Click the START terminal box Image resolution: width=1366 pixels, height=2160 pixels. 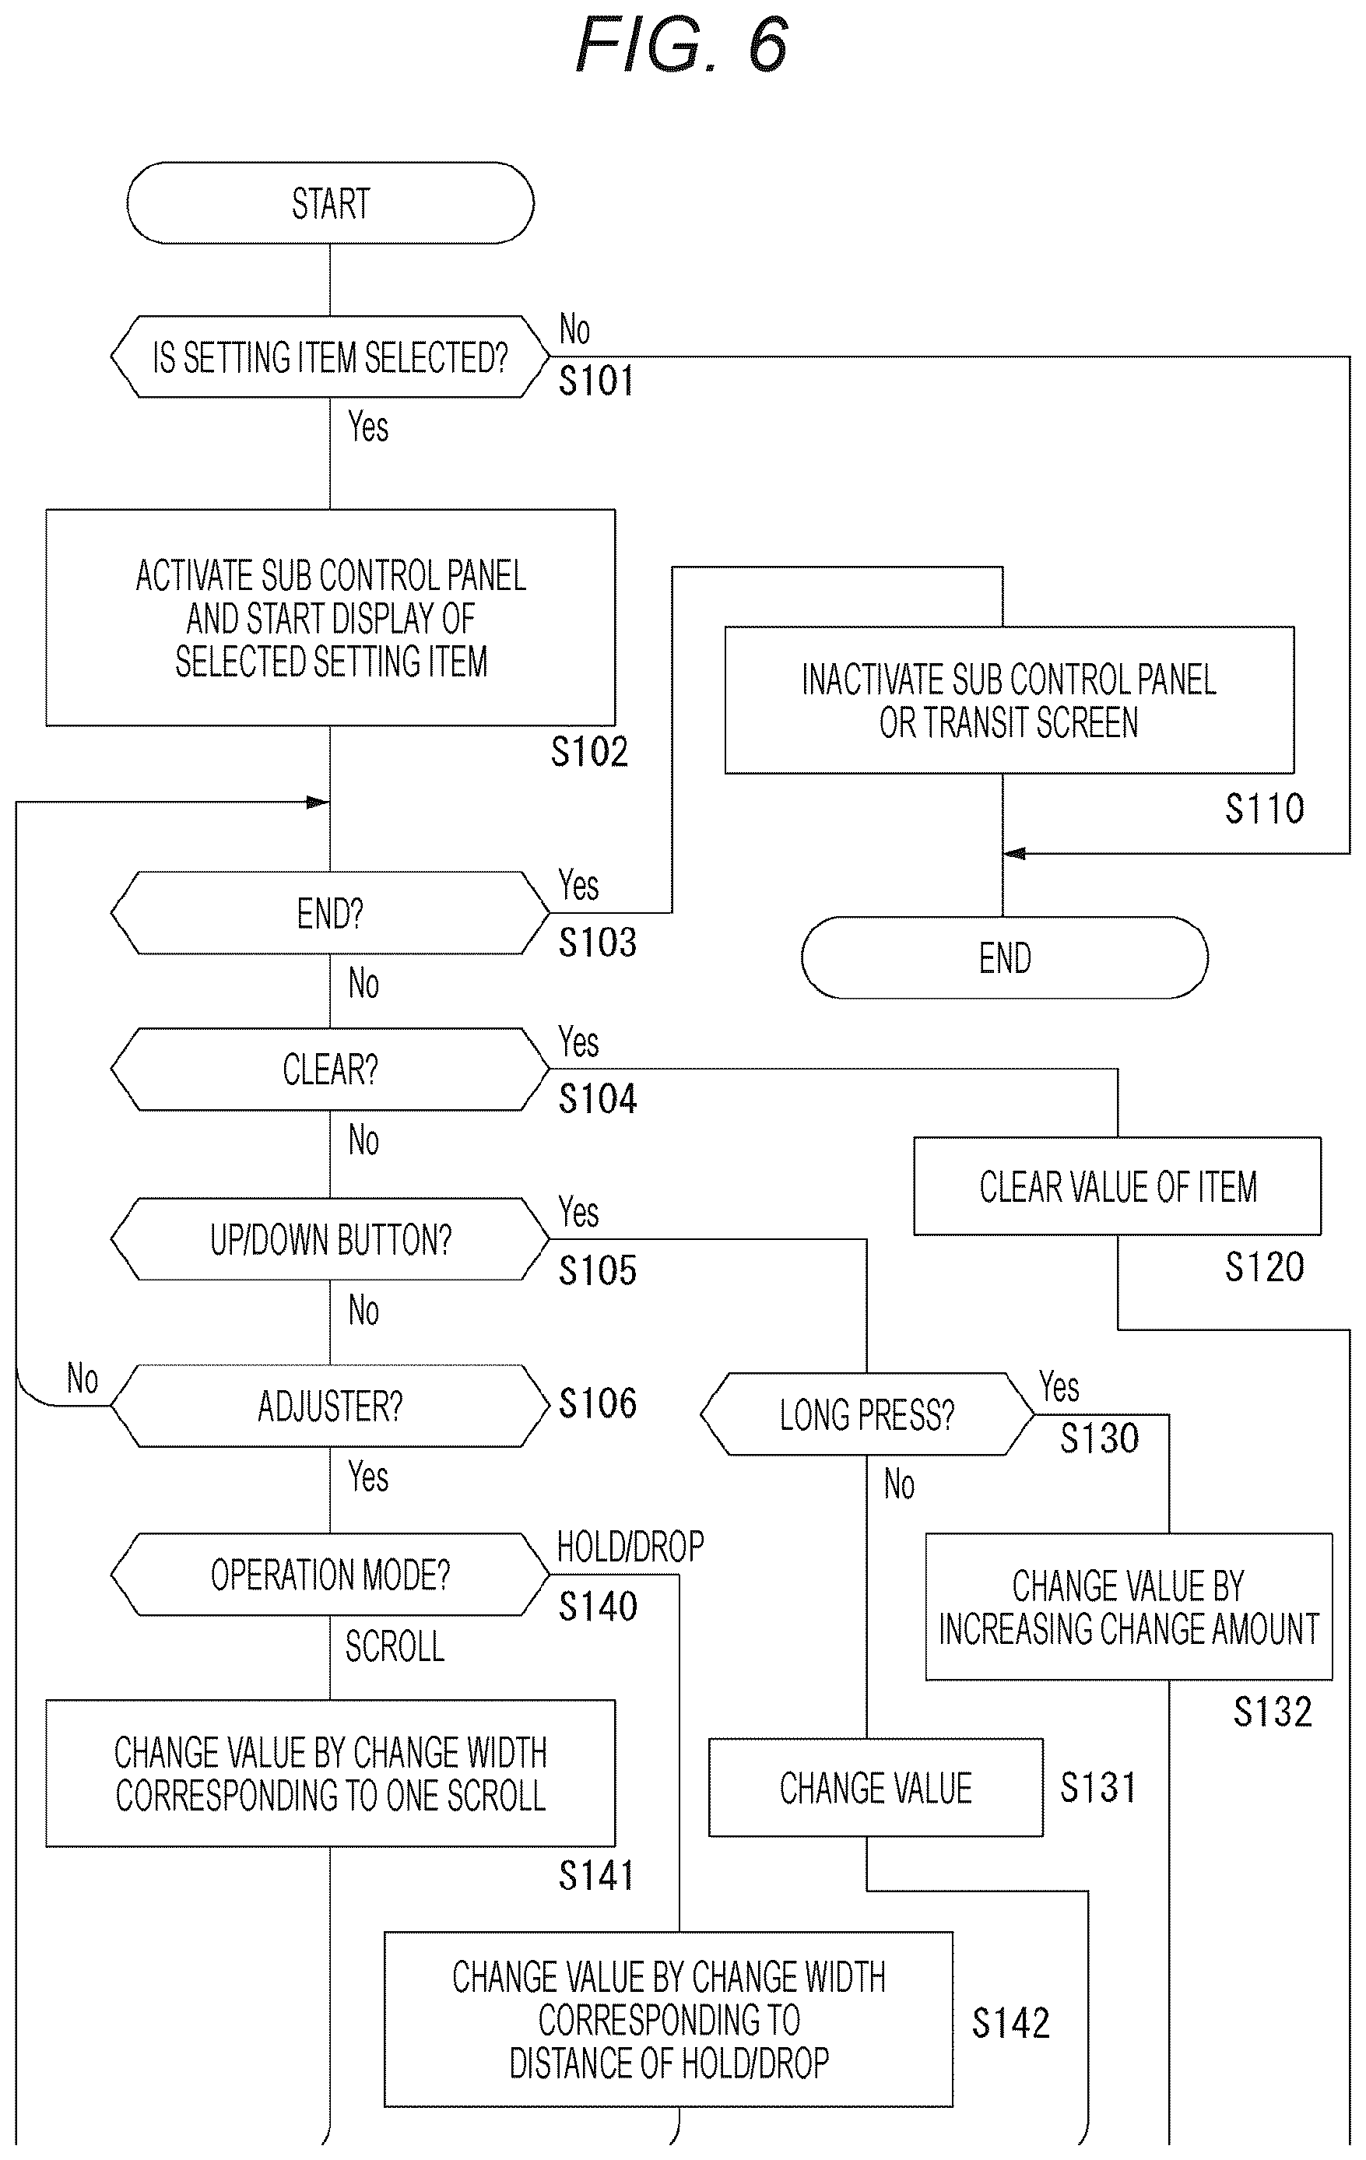(330, 202)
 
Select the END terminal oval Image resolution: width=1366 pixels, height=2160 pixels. (1005, 957)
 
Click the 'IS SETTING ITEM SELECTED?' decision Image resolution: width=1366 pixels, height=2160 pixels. (330, 356)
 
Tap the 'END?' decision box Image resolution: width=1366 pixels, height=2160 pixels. (330, 912)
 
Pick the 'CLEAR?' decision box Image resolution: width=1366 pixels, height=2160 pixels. (330, 1069)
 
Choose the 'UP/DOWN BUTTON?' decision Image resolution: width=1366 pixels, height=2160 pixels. (330, 1238)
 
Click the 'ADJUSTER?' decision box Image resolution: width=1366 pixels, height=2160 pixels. (330, 1406)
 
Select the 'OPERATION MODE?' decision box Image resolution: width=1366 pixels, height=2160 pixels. (330, 1574)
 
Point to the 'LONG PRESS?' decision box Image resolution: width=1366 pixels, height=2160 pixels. (867, 1414)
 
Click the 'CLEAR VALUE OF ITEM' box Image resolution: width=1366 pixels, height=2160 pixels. (1118, 1185)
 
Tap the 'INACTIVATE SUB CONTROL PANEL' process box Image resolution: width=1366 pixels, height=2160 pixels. (1009, 700)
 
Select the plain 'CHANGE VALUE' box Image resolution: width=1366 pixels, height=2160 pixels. (876, 1788)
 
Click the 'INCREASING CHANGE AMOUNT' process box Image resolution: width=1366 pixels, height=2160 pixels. (1129, 1607)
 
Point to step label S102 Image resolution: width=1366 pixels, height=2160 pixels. (589, 752)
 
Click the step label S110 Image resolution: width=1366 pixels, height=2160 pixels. (1265, 808)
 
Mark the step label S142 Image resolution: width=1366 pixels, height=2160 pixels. (1011, 2023)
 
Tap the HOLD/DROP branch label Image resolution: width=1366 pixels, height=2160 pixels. (630, 1547)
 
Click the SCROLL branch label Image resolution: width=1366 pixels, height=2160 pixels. (395, 1646)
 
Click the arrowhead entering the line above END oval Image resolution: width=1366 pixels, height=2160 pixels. (1014, 853)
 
